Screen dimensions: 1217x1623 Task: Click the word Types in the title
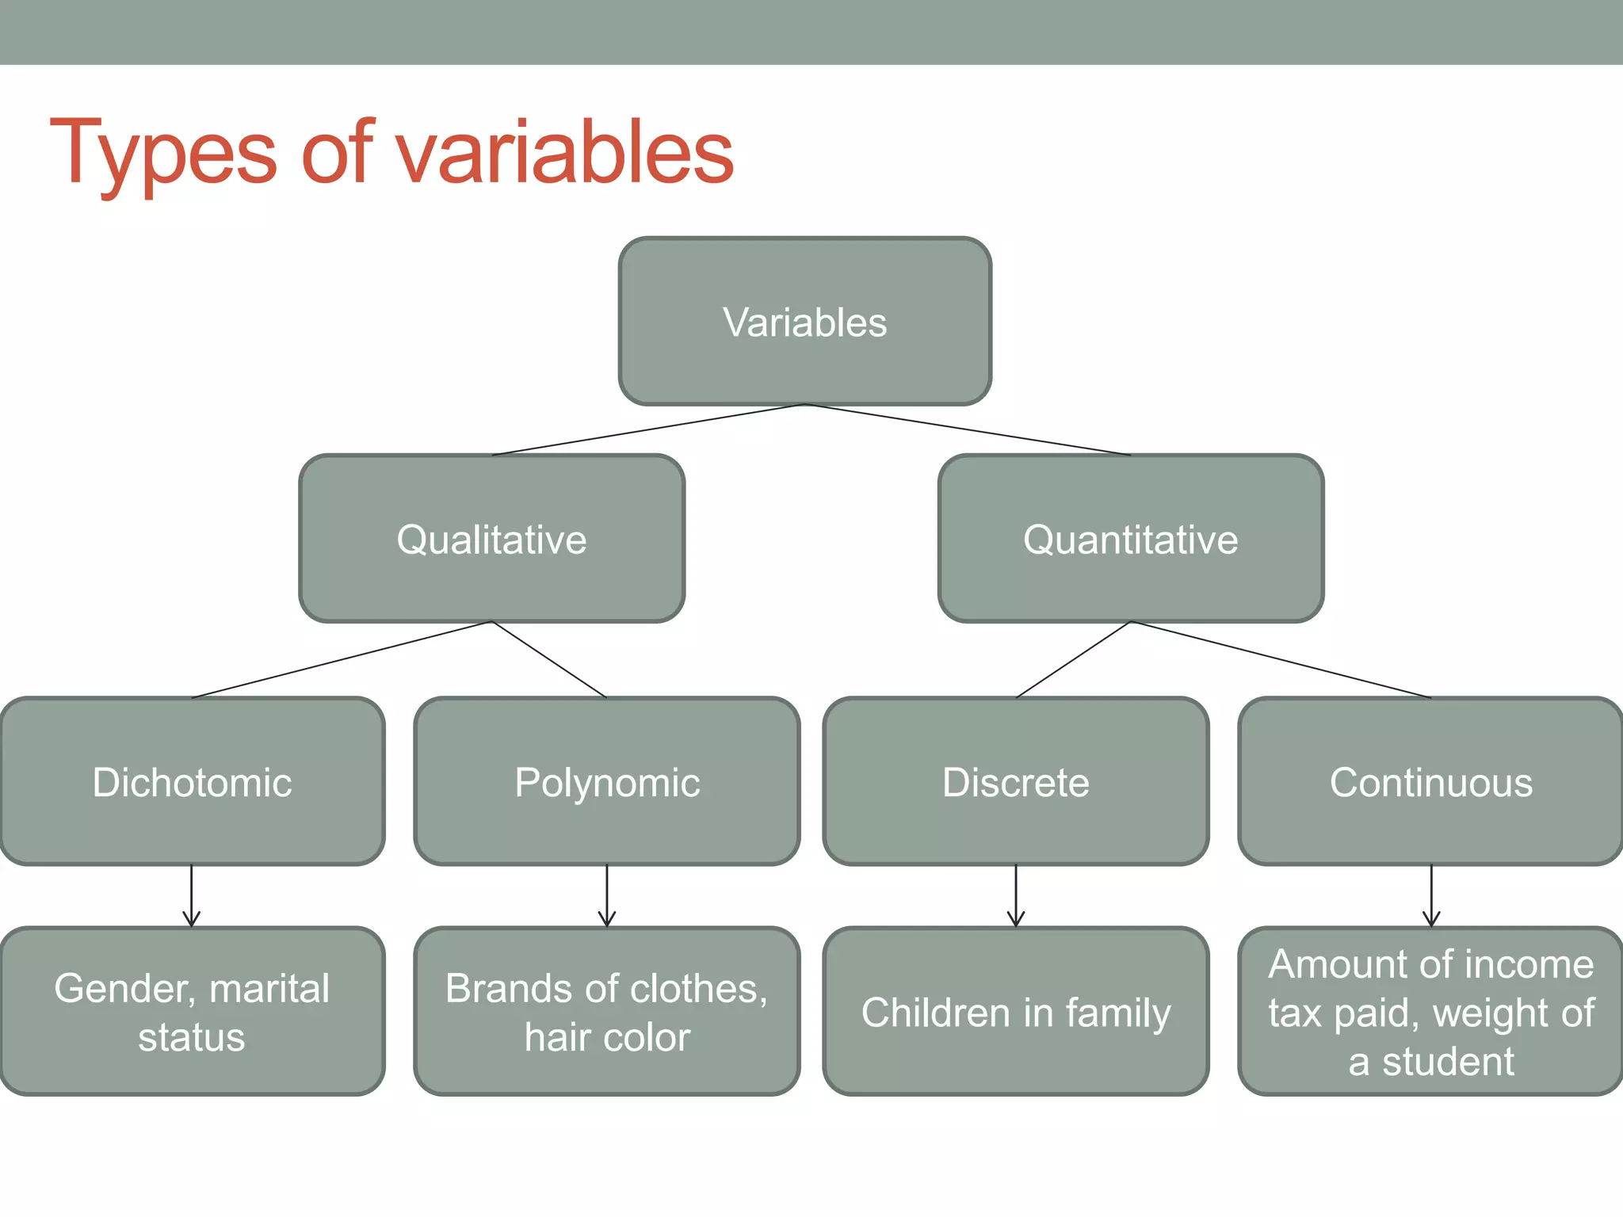pos(162,152)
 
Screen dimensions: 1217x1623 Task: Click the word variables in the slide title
pos(564,152)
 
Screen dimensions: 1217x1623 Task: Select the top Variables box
pos(804,322)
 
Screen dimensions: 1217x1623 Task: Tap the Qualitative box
pos(491,539)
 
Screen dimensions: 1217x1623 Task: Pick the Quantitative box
pos(1130,539)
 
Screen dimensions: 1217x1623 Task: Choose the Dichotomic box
pos(192,782)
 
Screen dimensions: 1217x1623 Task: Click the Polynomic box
pos(607,782)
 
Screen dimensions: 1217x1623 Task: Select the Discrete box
pos(1016,782)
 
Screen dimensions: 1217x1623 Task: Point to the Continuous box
pos(1430,782)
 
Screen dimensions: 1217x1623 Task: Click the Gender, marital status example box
pos(192,1012)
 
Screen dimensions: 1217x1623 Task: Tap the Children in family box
pos(1016,1012)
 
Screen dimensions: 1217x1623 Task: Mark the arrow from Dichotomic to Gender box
pos(192,896)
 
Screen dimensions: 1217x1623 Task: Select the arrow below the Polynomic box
pos(607,896)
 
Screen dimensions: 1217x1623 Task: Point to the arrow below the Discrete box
pos(1016,896)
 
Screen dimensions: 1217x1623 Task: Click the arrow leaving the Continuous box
pos(1431,896)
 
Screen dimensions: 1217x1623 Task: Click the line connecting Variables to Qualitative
pos(648,429)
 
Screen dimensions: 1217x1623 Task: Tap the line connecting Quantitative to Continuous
pos(1281,659)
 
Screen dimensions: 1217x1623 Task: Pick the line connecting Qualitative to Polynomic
pos(549,659)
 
